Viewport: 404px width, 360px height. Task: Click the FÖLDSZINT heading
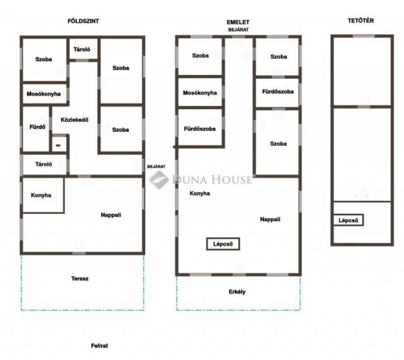point(83,21)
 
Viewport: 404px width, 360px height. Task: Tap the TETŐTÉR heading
point(360,21)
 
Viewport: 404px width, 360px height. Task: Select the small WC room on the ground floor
point(59,144)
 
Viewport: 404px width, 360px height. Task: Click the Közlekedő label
point(74,120)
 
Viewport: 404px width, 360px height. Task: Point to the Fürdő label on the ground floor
point(37,127)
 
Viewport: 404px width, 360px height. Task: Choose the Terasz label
point(80,279)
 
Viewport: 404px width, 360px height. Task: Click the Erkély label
point(237,292)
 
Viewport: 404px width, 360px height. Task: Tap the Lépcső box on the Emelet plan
point(223,244)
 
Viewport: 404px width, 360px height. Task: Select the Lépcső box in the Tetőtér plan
point(348,220)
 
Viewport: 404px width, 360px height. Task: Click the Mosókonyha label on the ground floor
point(44,94)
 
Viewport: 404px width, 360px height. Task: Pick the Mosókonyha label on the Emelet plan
point(200,93)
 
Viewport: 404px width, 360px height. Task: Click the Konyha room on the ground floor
point(43,195)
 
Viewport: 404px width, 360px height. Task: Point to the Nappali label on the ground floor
point(111,215)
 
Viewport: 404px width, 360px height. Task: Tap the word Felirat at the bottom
point(100,345)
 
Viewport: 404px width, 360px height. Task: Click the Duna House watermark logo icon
point(158,179)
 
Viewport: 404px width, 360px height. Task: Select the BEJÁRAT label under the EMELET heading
point(239,30)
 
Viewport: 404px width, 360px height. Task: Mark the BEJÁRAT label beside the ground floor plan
point(156,166)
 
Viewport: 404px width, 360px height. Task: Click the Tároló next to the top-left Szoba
point(82,49)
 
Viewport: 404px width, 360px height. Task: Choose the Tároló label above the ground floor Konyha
point(44,164)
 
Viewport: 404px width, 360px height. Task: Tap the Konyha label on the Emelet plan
point(199,194)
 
